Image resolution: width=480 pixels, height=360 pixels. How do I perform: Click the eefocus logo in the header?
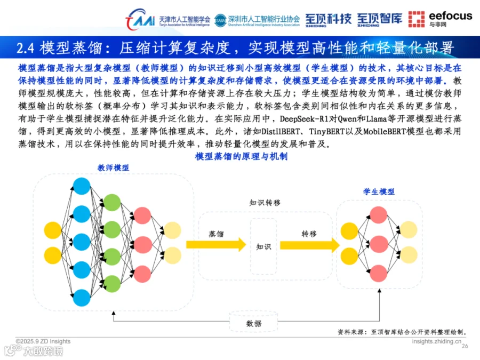tap(440, 19)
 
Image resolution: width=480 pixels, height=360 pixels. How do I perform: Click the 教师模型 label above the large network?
tap(113, 167)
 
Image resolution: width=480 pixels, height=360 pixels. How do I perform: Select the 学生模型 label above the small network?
tap(379, 191)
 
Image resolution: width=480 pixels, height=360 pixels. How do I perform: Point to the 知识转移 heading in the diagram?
tap(265, 203)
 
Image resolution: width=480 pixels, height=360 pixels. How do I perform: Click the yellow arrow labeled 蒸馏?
tap(215, 245)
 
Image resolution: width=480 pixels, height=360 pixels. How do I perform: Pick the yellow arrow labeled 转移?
tap(309, 245)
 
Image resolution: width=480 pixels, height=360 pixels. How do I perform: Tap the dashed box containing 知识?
tap(263, 246)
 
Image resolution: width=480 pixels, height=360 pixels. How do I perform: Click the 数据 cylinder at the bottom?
tap(254, 323)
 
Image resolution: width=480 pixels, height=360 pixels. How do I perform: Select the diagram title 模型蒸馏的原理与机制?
tap(242, 156)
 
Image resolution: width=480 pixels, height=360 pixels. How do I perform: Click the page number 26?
tap(464, 346)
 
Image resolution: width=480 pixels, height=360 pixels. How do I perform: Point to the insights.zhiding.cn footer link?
tap(437, 341)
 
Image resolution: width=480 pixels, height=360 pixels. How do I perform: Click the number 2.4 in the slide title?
tap(26, 49)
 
